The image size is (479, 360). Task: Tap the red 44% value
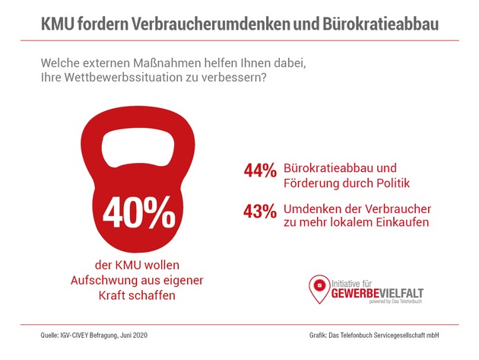261,172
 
